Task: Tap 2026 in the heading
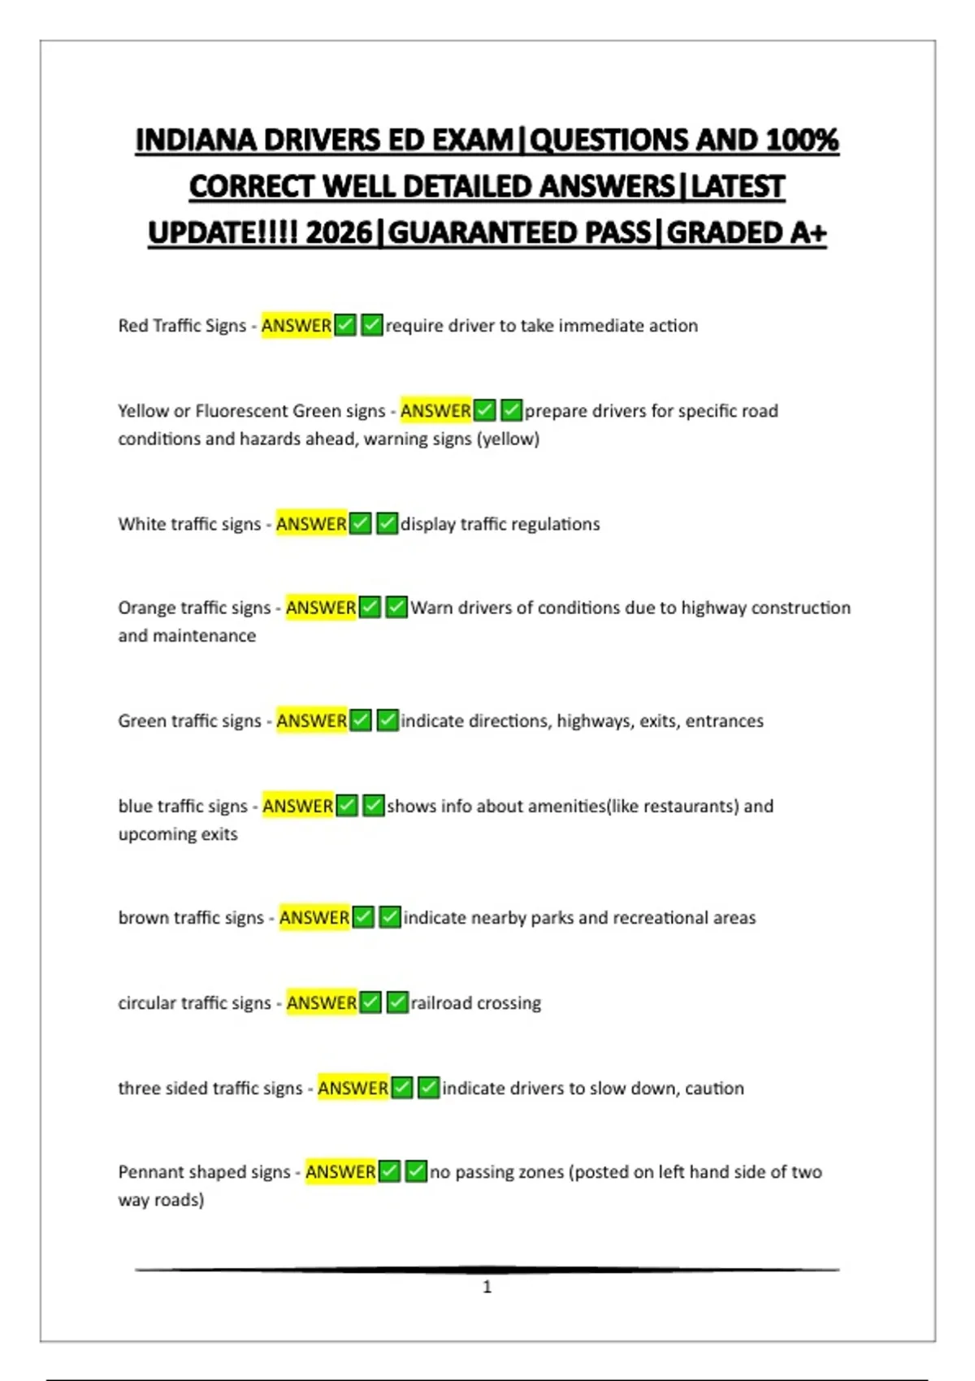click(339, 233)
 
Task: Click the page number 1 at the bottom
click(487, 1287)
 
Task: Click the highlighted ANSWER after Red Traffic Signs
click(297, 326)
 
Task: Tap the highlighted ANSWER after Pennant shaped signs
click(340, 1172)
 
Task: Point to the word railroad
click(442, 1003)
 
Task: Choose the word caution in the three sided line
click(714, 1089)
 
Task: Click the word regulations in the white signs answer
click(555, 524)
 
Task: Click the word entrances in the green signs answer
click(724, 721)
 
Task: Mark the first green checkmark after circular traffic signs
click(370, 1002)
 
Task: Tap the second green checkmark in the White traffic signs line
click(387, 524)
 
